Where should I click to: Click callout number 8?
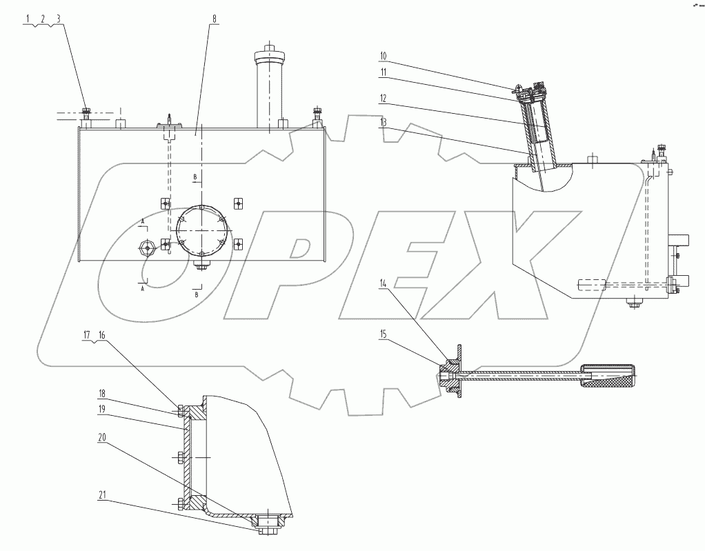pyautogui.click(x=215, y=19)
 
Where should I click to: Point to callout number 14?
pyautogui.click(x=384, y=283)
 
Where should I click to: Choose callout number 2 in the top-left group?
pyautogui.click(x=43, y=19)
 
